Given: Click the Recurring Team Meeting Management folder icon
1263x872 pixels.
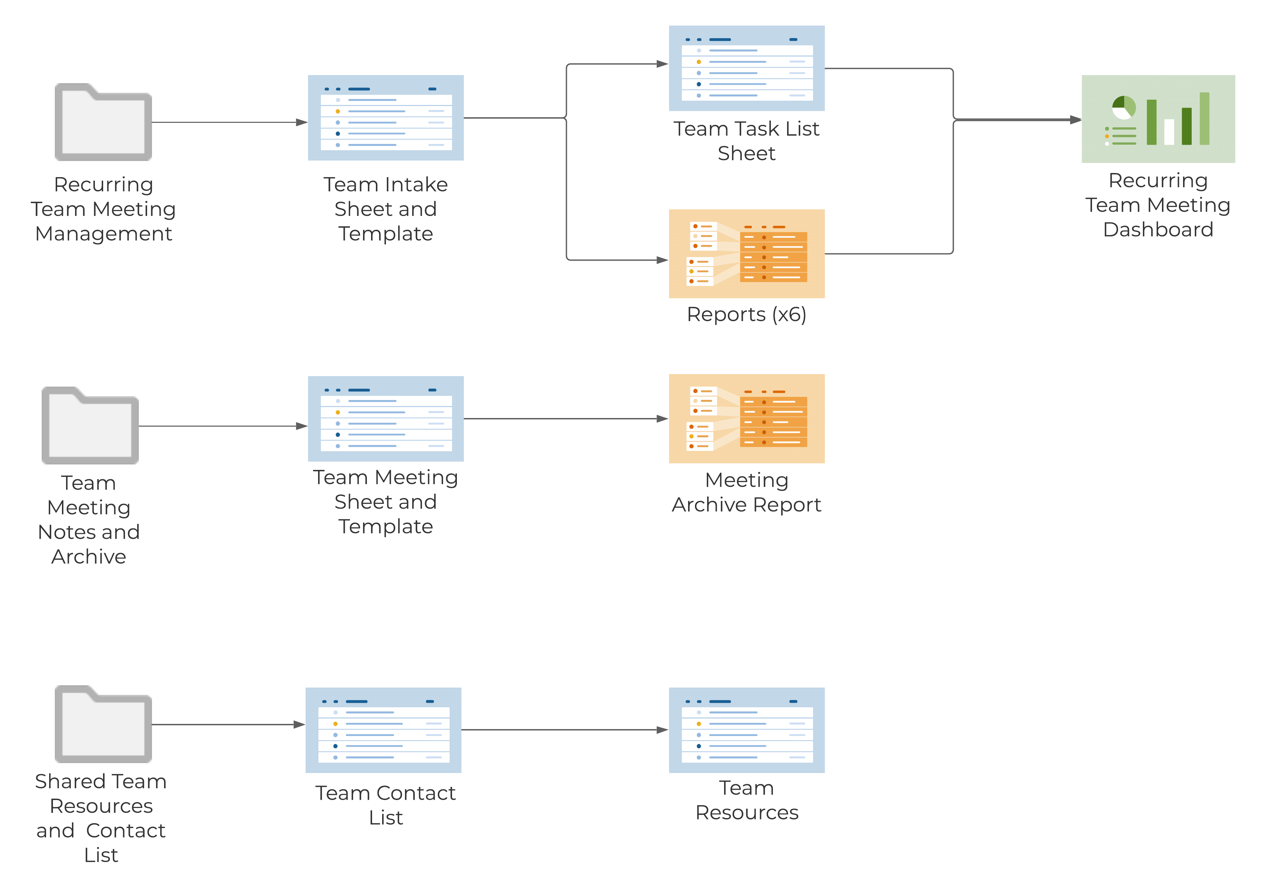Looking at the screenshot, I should point(103,122).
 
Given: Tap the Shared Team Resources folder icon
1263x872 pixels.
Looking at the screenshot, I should point(103,725).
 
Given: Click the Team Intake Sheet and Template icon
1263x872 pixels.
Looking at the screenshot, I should point(386,118).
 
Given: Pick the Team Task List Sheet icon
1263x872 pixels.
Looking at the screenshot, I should point(747,68).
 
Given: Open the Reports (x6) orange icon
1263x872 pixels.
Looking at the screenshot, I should point(747,254).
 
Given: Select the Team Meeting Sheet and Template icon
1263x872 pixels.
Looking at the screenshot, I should point(386,418).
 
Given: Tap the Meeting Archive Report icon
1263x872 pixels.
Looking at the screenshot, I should point(747,418).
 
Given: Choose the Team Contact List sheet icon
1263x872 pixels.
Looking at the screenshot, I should point(383,730).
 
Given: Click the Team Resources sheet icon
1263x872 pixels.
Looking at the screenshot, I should point(747,730).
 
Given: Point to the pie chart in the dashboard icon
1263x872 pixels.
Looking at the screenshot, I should point(1124,108).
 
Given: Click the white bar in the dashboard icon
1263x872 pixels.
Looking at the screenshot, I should point(1169,132).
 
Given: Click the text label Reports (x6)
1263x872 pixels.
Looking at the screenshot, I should point(747,315).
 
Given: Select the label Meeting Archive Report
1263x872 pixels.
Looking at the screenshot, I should point(747,492).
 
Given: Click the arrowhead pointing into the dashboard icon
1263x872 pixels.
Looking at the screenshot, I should point(1075,120).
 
